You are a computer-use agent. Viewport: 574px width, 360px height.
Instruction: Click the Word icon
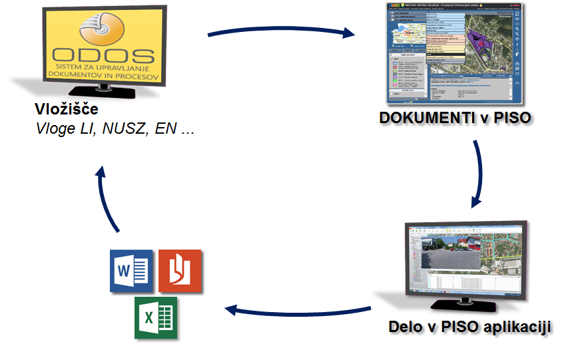131,270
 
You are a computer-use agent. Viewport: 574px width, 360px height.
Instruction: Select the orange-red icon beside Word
180,270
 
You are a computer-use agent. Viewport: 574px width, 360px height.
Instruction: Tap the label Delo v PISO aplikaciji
470,327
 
